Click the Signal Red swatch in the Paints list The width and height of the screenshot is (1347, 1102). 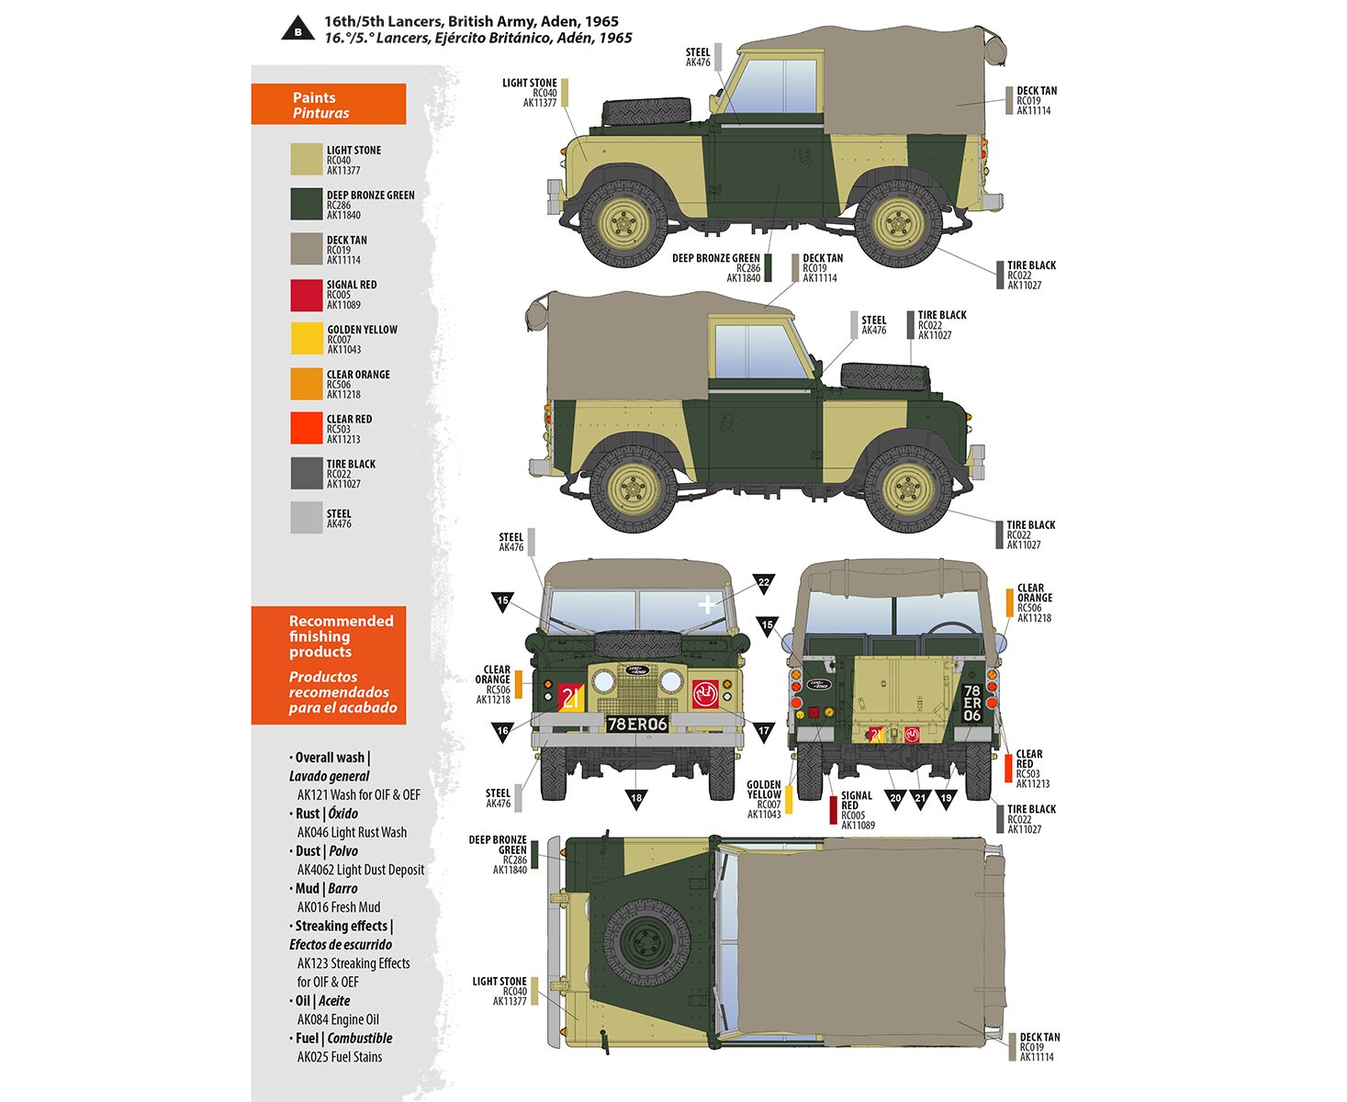pos(307,295)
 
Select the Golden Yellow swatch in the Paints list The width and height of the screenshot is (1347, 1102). pos(307,339)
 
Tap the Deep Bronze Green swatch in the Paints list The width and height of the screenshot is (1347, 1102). pos(307,204)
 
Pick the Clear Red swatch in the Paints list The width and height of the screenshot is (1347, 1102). pos(307,428)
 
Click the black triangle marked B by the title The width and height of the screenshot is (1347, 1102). pos(297,29)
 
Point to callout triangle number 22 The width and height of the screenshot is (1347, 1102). pos(764,583)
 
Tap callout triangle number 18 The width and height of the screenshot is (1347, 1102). pos(636,799)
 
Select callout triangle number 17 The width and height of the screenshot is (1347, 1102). pos(764,731)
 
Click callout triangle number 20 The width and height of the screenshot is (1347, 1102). pos(895,799)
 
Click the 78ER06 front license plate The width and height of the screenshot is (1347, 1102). pos(637,724)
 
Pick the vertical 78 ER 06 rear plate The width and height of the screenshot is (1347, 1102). pos(972,703)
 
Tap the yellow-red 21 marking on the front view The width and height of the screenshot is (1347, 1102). pos(570,697)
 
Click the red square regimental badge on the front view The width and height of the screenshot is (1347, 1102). pos(706,693)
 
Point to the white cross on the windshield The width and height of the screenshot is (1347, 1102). pos(707,604)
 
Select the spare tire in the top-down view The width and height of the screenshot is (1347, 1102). pos(647,942)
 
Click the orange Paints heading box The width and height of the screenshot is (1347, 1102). pos(329,104)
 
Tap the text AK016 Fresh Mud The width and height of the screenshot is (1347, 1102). pos(339,907)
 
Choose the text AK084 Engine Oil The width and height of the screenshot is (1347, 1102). pos(338,1019)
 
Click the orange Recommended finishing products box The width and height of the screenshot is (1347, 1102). pos(329,665)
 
